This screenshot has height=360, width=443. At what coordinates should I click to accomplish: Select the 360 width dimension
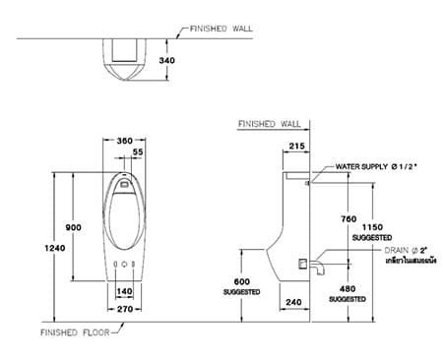point(124,142)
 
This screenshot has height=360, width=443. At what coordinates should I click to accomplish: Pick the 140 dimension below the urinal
point(125,292)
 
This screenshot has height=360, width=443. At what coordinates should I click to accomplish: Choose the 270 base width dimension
point(125,309)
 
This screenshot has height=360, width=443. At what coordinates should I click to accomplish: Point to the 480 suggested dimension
point(346,288)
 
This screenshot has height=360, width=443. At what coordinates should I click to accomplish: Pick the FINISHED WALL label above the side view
point(269,124)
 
